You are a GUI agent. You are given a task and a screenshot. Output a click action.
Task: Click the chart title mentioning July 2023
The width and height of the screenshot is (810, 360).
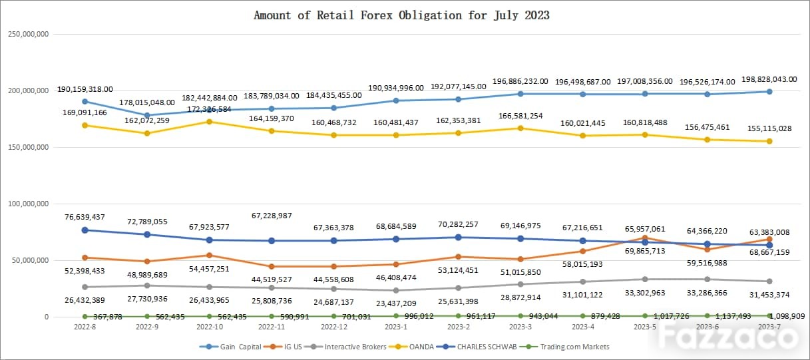(x=401, y=15)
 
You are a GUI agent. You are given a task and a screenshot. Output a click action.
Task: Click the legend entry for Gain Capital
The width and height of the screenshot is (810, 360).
(x=229, y=347)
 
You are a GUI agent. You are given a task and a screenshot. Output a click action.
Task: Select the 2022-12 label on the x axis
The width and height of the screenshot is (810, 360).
(x=333, y=327)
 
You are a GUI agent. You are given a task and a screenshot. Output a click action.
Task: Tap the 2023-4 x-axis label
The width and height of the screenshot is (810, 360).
(x=582, y=327)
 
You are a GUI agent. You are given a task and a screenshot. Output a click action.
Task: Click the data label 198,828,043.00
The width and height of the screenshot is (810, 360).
(x=764, y=79)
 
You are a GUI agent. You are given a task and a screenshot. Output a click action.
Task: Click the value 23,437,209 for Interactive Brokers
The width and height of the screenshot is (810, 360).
(x=395, y=303)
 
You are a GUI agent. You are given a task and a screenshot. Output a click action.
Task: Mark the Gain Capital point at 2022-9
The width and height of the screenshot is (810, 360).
(x=147, y=115)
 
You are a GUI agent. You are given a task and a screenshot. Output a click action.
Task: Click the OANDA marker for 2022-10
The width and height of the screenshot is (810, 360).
(x=209, y=122)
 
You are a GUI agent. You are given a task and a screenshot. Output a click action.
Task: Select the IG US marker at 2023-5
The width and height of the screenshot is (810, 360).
(x=645, y=238)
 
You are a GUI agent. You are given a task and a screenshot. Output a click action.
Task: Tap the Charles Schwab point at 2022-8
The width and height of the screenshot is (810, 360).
(x=85, y=230)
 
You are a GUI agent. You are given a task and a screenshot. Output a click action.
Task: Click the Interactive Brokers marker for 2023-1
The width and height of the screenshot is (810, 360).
(x=396, y=290)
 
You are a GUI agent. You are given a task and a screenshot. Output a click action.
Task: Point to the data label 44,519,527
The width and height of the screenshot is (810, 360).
(x=271, y=279)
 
